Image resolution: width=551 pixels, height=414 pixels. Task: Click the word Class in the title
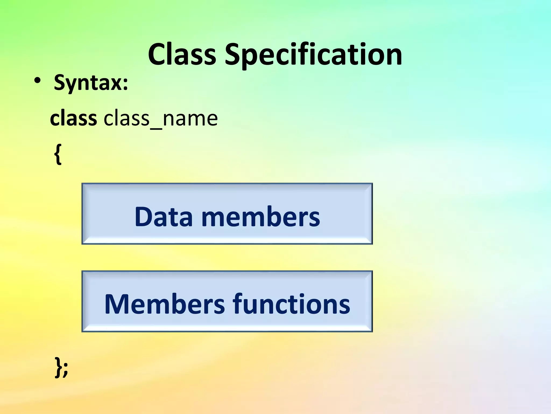(182, 55)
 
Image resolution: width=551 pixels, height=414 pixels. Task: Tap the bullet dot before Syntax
(37, 81)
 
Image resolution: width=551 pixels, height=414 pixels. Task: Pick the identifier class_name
(161, 119)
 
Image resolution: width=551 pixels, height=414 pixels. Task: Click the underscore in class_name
(156, 129)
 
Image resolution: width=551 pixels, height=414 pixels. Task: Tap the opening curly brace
(58, 154)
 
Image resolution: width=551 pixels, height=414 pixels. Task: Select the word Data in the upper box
(164, 217)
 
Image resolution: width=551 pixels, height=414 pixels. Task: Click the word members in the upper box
(260, 217)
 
